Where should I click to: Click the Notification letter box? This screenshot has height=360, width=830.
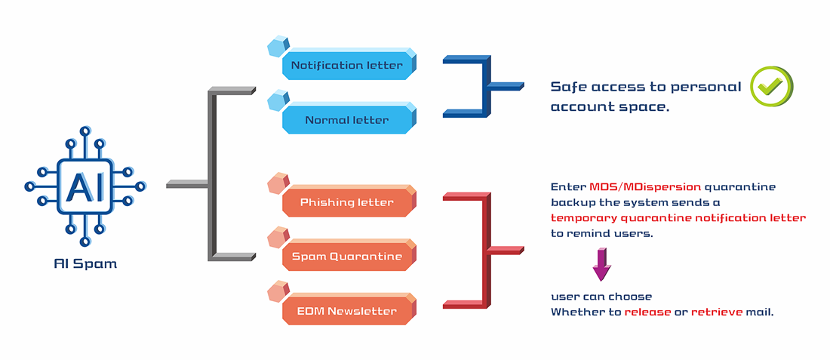[348, 65]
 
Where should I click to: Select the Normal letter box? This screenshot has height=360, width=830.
[348, 120]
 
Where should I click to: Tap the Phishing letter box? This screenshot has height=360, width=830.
[348, 202]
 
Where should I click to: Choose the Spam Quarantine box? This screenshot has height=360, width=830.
[348, 257]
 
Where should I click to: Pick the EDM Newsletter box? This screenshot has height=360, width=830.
[348, 311]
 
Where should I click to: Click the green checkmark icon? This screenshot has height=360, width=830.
[771, 86]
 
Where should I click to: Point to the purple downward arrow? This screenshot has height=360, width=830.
[601, 263]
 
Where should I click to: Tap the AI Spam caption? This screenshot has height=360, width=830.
[85, 264]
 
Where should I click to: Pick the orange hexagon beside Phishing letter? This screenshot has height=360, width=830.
[278, 184]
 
